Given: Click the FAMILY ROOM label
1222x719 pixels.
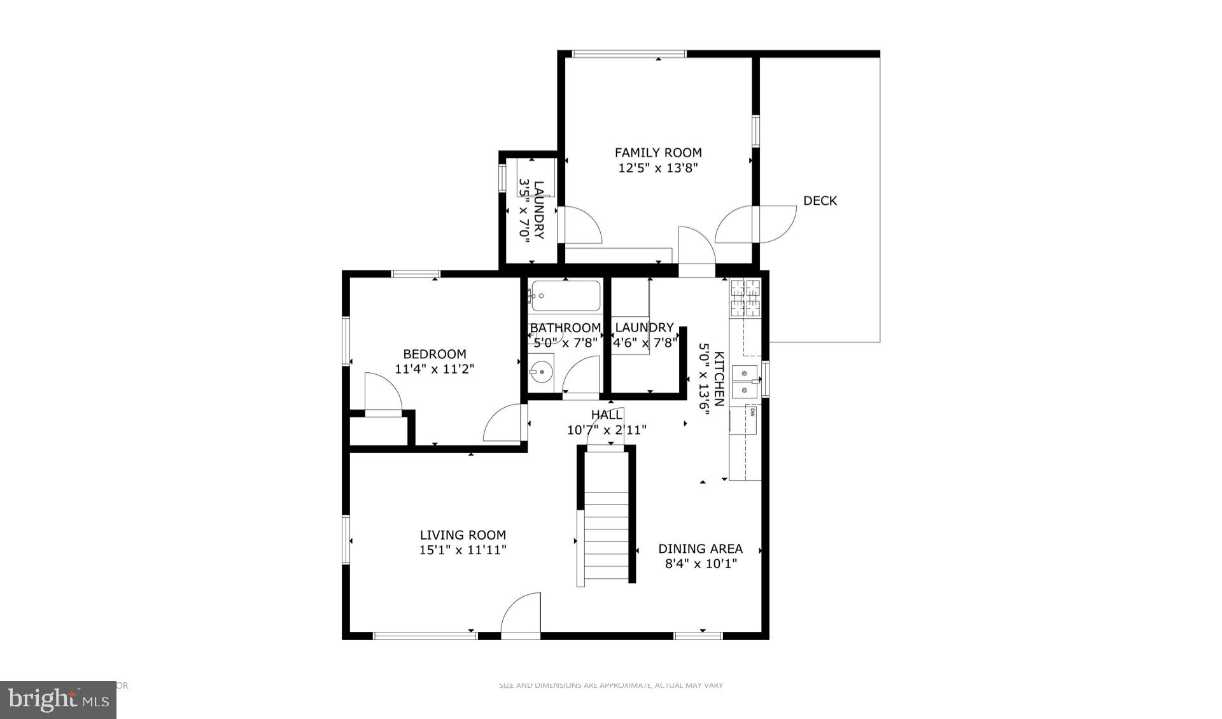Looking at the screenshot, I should [x=658, y=153].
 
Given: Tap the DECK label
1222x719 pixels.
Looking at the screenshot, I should [x=820, y=201].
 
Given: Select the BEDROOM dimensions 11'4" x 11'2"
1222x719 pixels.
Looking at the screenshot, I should [x=435, y=369].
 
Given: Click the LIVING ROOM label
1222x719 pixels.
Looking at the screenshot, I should [x=463, y=535].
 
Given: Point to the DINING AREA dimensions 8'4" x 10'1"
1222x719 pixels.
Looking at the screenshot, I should [x=701, y=564].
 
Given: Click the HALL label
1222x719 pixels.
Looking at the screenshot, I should [x=607, y=415].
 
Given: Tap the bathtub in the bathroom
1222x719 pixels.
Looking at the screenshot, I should [x=565, y=296].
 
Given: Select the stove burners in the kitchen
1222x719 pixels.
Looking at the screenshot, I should [x=745, y=298].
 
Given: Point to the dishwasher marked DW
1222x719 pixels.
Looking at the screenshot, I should [x=752, y=412].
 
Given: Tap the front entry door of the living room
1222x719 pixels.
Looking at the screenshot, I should [x=521, y=615].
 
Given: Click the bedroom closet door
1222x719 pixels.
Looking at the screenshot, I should [x=383, y=394].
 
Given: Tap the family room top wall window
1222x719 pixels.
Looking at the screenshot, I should [x=629, y=54].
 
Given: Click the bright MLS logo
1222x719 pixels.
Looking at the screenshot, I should [x=58, y=700].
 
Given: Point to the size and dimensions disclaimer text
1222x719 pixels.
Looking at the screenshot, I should [x=610, y=685].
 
